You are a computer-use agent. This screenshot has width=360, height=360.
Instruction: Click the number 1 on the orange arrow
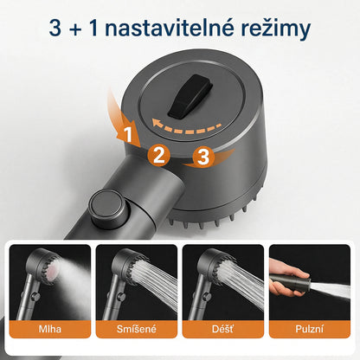[127, 135]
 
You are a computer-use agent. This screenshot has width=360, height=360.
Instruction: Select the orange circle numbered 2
[157, 156]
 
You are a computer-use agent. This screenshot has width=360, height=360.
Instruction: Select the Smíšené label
[136, 329]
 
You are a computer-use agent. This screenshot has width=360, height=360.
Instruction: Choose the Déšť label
[223, 329]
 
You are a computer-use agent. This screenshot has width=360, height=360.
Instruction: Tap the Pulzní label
[310, 329]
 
